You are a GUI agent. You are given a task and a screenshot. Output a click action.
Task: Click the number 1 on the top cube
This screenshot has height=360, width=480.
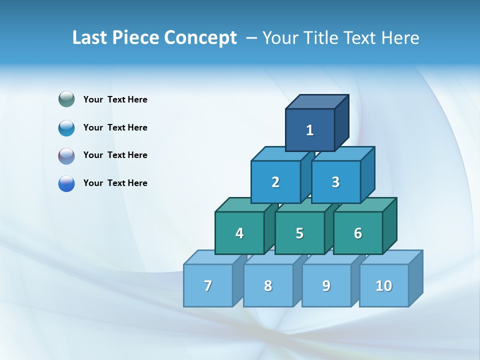(310, 130)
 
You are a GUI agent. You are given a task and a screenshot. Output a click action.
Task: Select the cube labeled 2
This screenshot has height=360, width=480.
(275, 182)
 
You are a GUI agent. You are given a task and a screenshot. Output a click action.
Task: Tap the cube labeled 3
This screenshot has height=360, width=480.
(335, 182)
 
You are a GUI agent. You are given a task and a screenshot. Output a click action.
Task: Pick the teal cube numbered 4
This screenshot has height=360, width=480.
(239, 233)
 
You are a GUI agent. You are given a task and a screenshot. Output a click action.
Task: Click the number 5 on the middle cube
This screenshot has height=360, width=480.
(299, 233)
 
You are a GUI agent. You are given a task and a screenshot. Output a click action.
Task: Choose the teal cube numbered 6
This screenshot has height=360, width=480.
(358, 233)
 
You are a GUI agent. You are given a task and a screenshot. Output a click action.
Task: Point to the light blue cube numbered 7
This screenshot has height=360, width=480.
(208, 285)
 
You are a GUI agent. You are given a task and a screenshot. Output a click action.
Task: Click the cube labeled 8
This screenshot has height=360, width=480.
(268, 285)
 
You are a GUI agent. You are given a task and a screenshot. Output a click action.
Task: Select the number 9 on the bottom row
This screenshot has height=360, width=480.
(326, 285)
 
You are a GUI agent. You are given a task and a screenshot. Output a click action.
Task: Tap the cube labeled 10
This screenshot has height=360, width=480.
(383, 285)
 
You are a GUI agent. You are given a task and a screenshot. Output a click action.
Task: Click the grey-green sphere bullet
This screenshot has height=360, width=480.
(66, 99)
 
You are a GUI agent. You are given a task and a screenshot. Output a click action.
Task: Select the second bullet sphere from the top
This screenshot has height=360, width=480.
(66, 127)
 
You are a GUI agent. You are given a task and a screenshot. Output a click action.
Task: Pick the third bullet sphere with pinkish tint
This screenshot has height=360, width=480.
(66, 155)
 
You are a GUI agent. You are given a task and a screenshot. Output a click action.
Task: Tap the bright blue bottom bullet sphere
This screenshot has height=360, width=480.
(66, 183)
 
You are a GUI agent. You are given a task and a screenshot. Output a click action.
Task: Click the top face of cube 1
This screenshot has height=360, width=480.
(317, 101)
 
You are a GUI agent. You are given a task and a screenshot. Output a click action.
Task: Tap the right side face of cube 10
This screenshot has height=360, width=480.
(415, 278)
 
